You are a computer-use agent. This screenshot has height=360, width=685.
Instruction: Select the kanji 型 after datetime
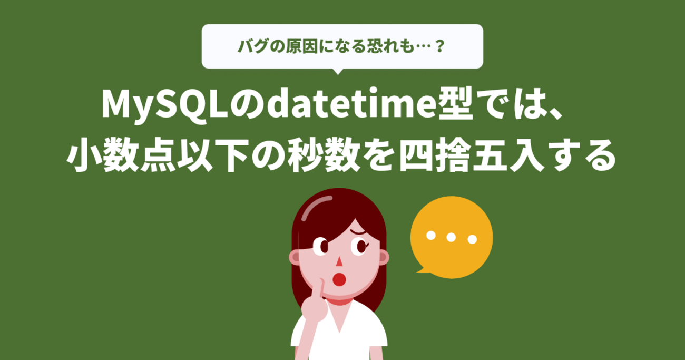point(455,103)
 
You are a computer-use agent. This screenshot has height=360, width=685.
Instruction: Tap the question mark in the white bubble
point(440,46)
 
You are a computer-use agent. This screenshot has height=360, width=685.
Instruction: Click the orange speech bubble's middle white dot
point(451,237)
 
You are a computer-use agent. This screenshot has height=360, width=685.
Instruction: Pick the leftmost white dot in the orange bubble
point(431,235)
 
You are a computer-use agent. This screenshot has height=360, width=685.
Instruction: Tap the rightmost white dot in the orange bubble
point(472,239)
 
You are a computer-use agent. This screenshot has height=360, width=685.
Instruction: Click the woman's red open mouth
point(339,279)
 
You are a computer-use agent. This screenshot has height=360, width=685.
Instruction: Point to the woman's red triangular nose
point(339,261)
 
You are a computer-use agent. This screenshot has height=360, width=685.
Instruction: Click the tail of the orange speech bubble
point(422,270)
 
